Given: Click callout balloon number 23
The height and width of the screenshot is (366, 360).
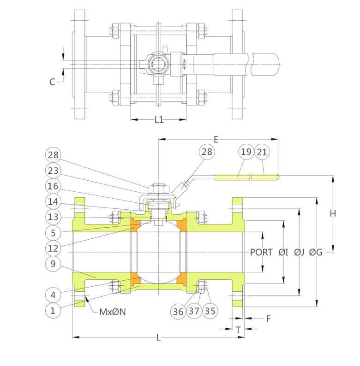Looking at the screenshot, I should (x=53, y=171).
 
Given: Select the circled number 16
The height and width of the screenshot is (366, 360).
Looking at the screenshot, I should (x=53, y=186).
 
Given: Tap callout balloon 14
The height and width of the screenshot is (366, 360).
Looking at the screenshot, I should (x=53, y=201).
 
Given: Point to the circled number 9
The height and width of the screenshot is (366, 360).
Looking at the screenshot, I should (x=53, y=264).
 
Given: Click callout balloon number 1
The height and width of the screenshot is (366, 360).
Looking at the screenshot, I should (x=53, y=310).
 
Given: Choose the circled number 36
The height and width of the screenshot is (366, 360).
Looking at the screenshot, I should (x=178, y=311).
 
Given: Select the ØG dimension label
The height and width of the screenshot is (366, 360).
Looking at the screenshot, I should (x=316, y=252).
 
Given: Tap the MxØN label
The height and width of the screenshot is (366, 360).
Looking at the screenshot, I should (x=113, y=311).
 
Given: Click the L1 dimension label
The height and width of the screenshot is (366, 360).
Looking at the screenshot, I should (x=159, y=120).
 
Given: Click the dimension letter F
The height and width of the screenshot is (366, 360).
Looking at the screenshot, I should (x=268, y=318).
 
